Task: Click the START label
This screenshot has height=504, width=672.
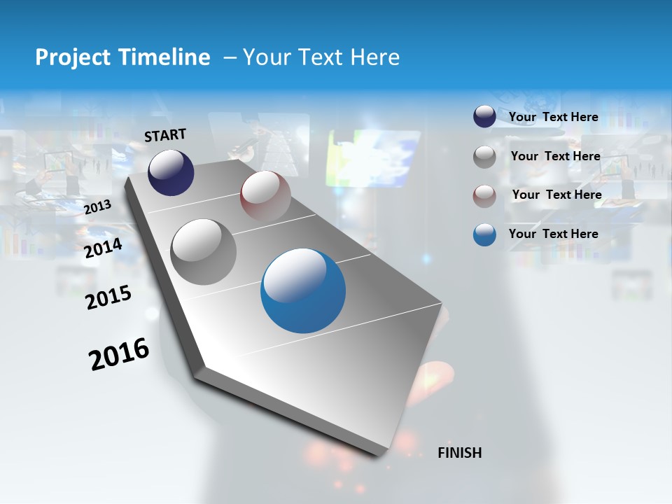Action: (x=165, y=135)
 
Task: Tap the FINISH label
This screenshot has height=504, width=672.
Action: (x=459, y=453)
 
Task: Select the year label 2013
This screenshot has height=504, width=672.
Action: (x=97, y=207)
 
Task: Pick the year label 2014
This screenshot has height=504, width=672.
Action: (x=103, y=248)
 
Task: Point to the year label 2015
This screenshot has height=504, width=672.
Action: (x=108, y=297)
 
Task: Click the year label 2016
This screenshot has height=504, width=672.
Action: (x=119, y=354)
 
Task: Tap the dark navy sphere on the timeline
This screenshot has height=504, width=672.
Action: (x=171, y=172)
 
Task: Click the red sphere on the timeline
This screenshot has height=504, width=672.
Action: (x=265, y=195)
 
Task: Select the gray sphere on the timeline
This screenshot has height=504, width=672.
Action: (x=204, y=251)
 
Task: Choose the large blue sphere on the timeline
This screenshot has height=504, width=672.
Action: (x=303, y=291)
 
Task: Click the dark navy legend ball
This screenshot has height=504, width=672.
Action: (x=484, y=117)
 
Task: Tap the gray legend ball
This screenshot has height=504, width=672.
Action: (x=484, y=157)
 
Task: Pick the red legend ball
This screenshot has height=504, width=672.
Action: (x=484, y=196)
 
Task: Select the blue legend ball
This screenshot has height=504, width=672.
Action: (x=484, y=234)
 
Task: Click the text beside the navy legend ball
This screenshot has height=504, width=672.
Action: (x=553, y=117)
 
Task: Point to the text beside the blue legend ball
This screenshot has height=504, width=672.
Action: (x=553, y=234)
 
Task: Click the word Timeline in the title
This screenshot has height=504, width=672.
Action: (x=160, y=57)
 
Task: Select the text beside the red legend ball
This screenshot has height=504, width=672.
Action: (x=556, y=195)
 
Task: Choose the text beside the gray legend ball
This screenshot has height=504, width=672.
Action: (x=555, y=156)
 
